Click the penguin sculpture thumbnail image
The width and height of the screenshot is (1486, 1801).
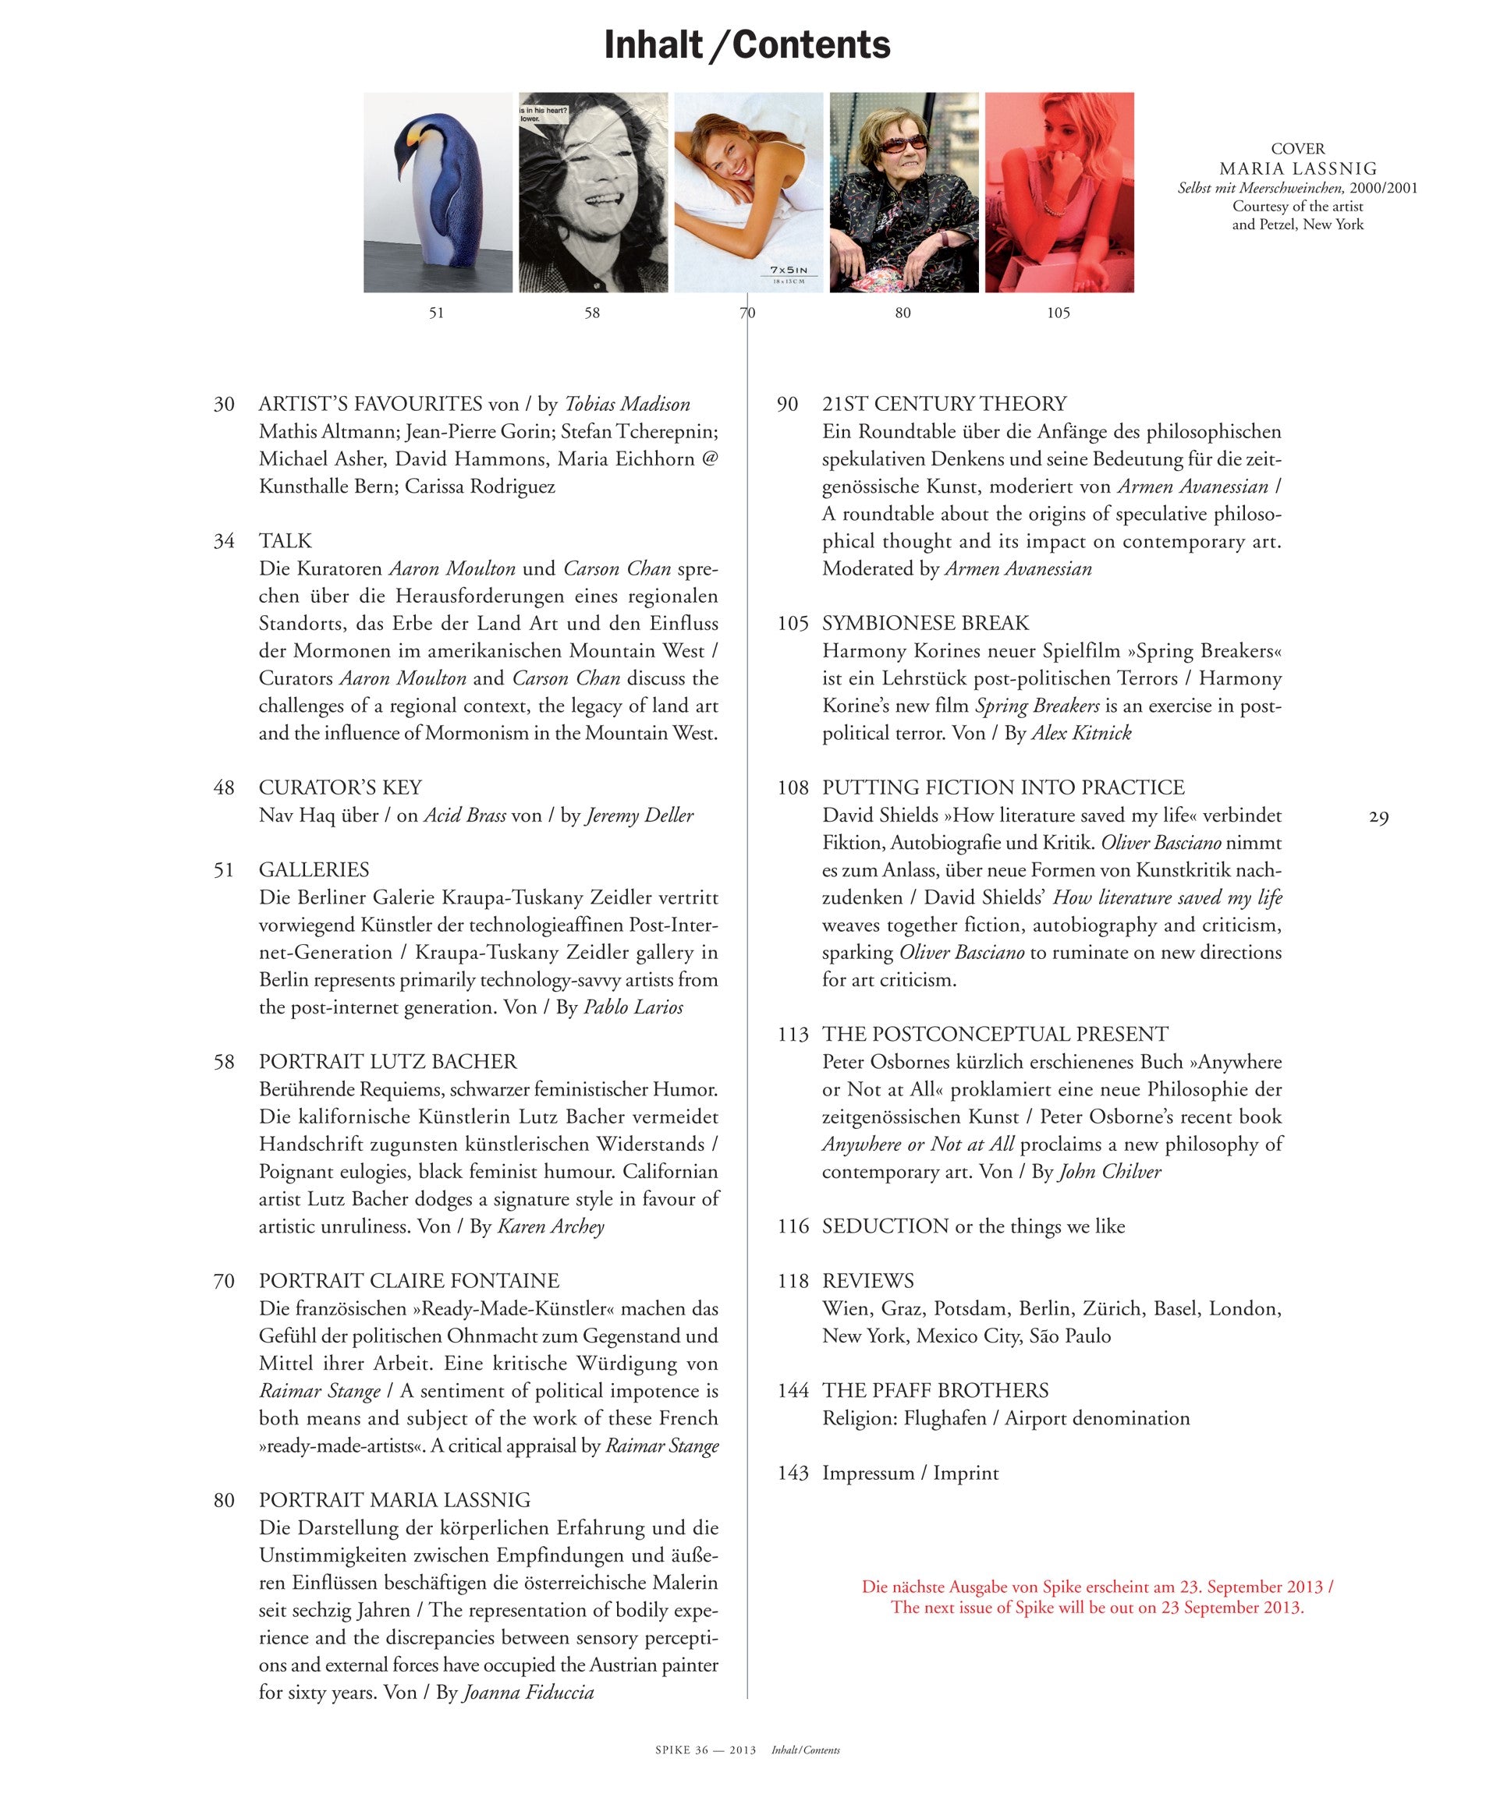click(438, 193)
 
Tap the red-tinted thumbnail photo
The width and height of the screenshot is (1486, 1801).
click(1059, 193)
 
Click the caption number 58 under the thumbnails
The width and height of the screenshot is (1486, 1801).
click(592, 313)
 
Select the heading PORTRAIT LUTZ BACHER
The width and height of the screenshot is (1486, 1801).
click(388, 1062)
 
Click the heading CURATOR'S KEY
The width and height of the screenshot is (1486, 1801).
click(340, 787)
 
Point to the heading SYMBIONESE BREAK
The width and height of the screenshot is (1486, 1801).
click(925, 623)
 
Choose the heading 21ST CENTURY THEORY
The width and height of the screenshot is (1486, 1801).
click(944, 404)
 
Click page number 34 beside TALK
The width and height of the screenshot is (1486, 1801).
click(225, 541)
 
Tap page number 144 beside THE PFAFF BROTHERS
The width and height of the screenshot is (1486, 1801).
click(793, 1390)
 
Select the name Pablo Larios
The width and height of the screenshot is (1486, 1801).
click(633, 1007)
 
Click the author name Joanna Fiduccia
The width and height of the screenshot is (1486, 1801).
click(528, 1693)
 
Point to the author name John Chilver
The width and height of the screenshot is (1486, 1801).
click(1109, 1171)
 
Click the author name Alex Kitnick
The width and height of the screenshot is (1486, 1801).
click(1080, 732)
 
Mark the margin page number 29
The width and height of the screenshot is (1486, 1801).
click(1378, 817)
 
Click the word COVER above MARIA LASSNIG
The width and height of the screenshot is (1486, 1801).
click(1298, 149)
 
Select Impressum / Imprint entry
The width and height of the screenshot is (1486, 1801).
click(910, 1473)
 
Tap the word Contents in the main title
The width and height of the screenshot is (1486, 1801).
click(810, 44)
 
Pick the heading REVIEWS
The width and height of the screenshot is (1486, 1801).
click(868, 1281)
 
